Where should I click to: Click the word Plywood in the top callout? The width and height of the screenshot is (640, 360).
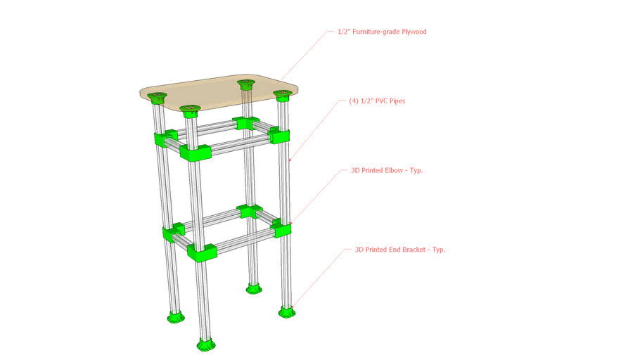click(x=411, y=32)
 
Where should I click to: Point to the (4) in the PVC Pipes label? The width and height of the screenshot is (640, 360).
click(x=354, y=101)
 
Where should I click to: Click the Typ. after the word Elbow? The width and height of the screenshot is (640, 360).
click(x=416, y=170)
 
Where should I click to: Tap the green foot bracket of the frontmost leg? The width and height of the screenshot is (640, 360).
click(x=205, y=345)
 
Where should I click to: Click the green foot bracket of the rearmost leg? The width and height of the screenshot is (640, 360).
click(x=254, y=287)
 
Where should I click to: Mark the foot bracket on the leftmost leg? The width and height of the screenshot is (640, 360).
click(x=173, y=316)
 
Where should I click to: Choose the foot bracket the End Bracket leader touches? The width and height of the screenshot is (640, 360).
click(x=287, y=310)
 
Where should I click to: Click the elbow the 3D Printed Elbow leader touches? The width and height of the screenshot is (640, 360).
click(x=281, y=227)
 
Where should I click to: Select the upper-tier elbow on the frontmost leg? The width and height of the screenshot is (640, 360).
click(x=196, y=153)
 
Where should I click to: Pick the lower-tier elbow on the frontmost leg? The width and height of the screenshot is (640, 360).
click(x=201, y=252)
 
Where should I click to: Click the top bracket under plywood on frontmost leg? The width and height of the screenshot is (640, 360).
click(x=191, y=110)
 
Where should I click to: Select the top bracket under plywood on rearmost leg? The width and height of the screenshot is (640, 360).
click(x=245, y=85)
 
